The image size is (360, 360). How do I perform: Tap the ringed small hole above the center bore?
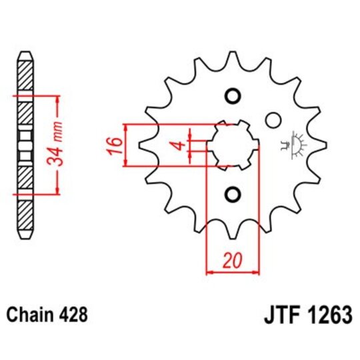point(233,95)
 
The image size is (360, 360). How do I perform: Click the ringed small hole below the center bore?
point(233,194)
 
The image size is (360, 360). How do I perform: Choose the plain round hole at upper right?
point(272,121)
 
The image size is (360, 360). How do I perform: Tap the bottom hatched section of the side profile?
point(25,215)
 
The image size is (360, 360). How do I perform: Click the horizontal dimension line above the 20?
point(233,272)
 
